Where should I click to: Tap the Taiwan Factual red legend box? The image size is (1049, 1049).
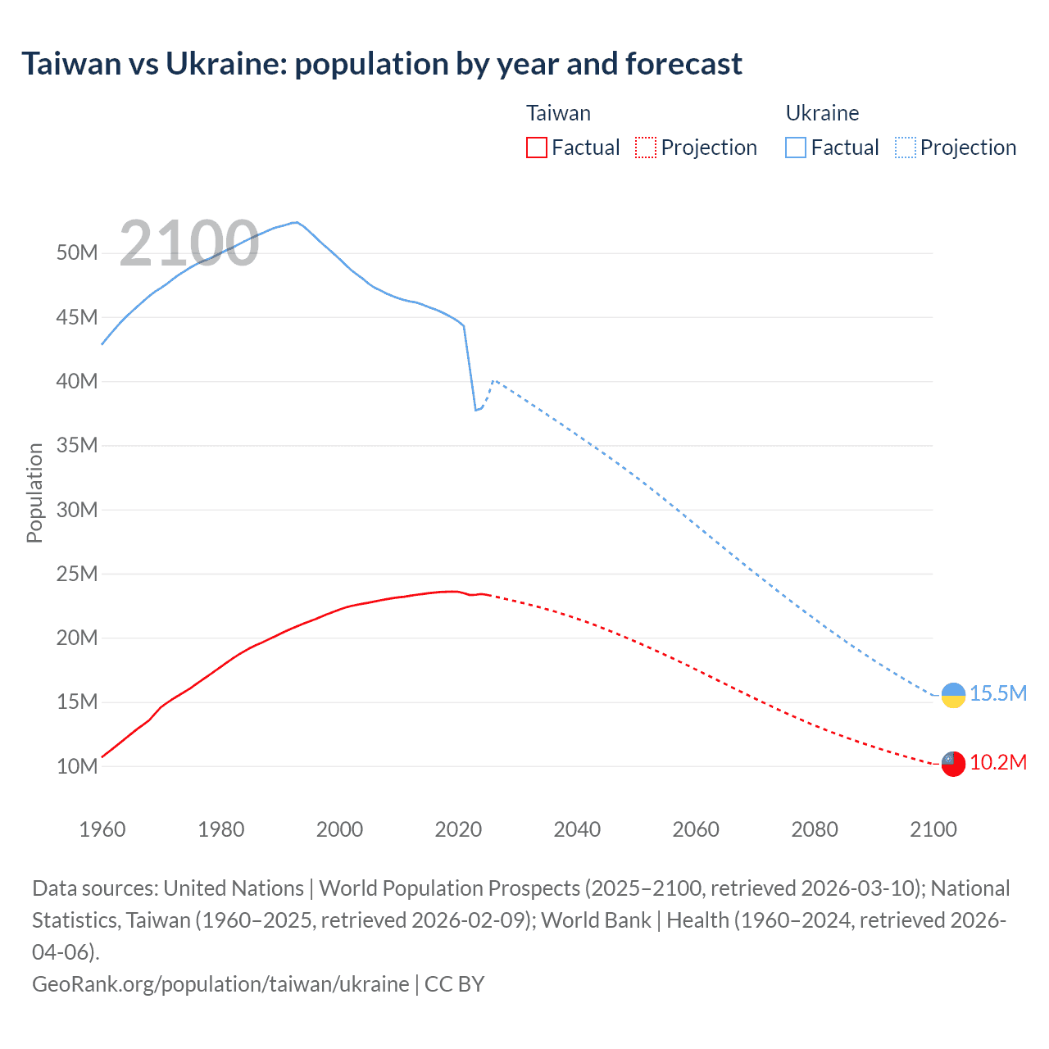[536, 148]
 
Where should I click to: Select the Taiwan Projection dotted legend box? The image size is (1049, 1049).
[646, 148]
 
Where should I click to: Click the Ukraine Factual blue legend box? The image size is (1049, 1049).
[796, 148]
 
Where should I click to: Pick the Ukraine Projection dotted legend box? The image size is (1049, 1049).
[906, 148]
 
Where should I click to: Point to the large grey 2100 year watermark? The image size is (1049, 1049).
[189, 243]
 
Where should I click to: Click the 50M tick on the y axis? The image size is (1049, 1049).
[77, 252]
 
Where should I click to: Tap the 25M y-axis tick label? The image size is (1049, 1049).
[77, 574]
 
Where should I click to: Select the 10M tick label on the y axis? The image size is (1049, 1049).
[77, 766]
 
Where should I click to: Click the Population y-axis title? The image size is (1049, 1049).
[34, 493]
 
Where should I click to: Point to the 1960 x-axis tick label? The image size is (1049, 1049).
[102, 829]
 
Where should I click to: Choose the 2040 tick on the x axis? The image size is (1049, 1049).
[577, 829]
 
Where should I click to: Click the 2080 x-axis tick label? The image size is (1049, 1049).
[815, 829]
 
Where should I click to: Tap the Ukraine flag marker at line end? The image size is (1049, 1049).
[953, 695]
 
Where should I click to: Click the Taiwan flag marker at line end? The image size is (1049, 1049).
[953, 764]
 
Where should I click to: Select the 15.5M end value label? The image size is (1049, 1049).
[998, 693]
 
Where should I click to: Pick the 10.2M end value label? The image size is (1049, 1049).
[998, 762]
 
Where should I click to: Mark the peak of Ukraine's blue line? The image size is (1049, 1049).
[295, 222]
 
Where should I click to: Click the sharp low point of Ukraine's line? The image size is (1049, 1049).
[475, 410]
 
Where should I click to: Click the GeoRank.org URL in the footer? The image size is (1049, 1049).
[220, 983]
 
